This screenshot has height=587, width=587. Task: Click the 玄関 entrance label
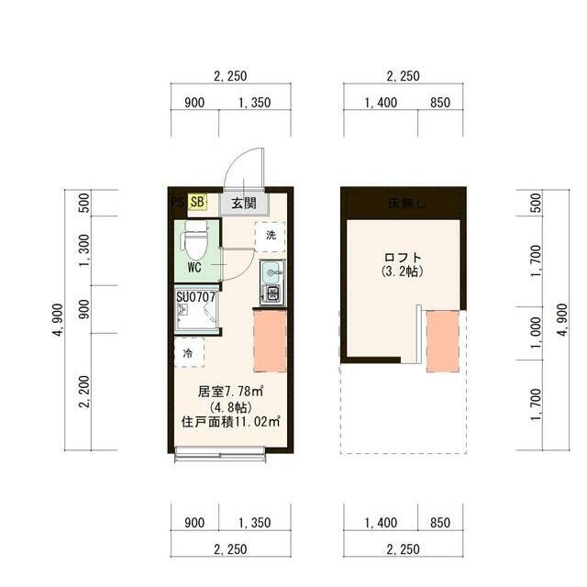(x=243, y=203)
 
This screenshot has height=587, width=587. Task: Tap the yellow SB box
(x=198, y=202)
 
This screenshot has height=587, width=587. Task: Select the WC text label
(x=194, y=268)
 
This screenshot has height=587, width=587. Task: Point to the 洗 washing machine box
(x=271, y=236)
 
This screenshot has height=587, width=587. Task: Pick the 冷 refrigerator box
(x=188, y=352)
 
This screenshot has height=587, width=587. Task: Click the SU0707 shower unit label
(x=196, y=297)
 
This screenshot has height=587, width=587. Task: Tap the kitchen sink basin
(x=271, y=272)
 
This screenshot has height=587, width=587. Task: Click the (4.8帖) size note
(x=225, y=407)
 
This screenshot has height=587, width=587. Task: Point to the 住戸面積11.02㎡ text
(x=230, y=423)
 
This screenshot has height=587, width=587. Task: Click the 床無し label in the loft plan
(x=404, y=204)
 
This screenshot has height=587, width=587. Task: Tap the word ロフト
(x=404, y=258)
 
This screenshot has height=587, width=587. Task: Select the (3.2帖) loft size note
(x=404, y=272)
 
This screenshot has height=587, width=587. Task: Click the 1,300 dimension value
(x=84, y=249)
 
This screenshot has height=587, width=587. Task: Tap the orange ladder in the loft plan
(x=442, y=340)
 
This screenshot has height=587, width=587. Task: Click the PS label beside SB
(x=178, y=201)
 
